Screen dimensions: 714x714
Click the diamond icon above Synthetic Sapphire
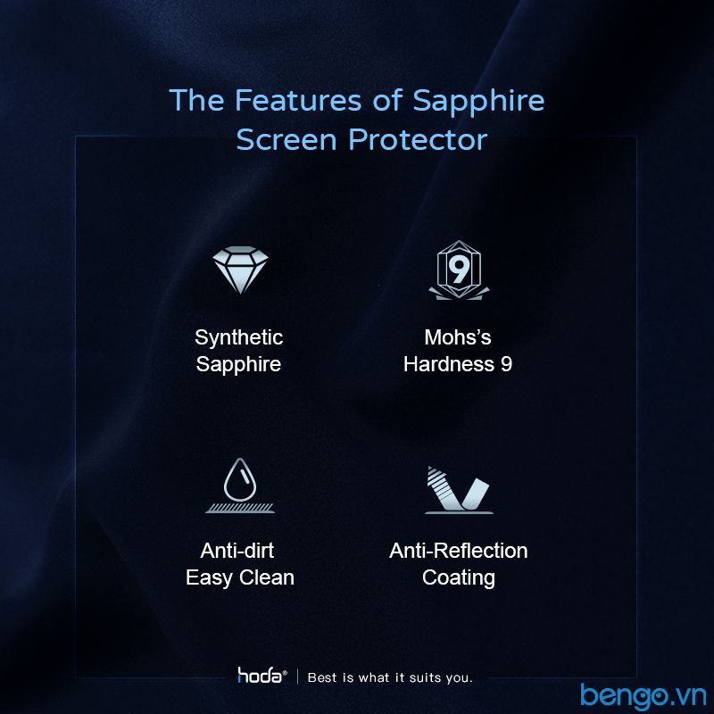[x=240, y=270]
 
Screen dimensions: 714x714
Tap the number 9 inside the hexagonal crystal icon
[x=458, y=270]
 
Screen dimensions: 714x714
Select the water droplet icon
[x=240, y=480]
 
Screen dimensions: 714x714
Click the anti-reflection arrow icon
[x=459, y=489]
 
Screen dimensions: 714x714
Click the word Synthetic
[x=238, y=338]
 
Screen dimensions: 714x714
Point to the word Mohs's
[x=458, y=337]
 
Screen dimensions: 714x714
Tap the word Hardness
[x=449, y=364]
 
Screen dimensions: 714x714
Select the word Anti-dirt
[x=237, y=551]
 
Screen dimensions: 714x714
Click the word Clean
[x=267, y=577]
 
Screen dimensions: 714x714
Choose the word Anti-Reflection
[x=459, y=551]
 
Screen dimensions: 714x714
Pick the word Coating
[x=459, y=577]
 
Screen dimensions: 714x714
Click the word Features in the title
[x=298, y=100]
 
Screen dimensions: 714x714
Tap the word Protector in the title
[x=418, y=139]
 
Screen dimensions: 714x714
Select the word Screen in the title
[x=286, y=139]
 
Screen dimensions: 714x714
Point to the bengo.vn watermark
[x=643, y=696]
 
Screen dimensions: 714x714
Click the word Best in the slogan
[x=323, y=677]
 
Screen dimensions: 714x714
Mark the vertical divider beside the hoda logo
[x=298, y=677]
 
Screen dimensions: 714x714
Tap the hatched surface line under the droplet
[x=240, y=508]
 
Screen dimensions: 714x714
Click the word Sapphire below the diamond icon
[x=238, y=365]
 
